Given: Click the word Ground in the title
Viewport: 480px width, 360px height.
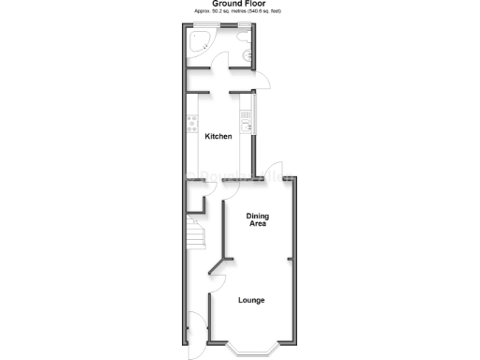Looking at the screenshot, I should (225, 4).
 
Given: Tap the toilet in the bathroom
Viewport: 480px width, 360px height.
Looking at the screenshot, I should (243, 37).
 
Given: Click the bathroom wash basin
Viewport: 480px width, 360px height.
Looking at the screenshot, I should (247, 56).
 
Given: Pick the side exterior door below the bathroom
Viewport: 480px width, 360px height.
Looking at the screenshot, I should (262, 83).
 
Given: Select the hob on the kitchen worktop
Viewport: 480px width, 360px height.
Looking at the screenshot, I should (192, 123).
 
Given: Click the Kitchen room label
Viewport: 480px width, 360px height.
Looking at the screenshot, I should (218, 137).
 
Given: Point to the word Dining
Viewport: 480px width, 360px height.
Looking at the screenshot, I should (258, 217).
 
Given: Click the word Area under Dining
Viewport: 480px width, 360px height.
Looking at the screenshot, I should (258, 225).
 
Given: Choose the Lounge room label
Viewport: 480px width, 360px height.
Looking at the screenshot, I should (250, 300).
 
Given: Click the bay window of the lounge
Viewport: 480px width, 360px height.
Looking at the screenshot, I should (252, 352).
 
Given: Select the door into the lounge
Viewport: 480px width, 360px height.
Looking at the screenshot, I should (215, 271).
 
